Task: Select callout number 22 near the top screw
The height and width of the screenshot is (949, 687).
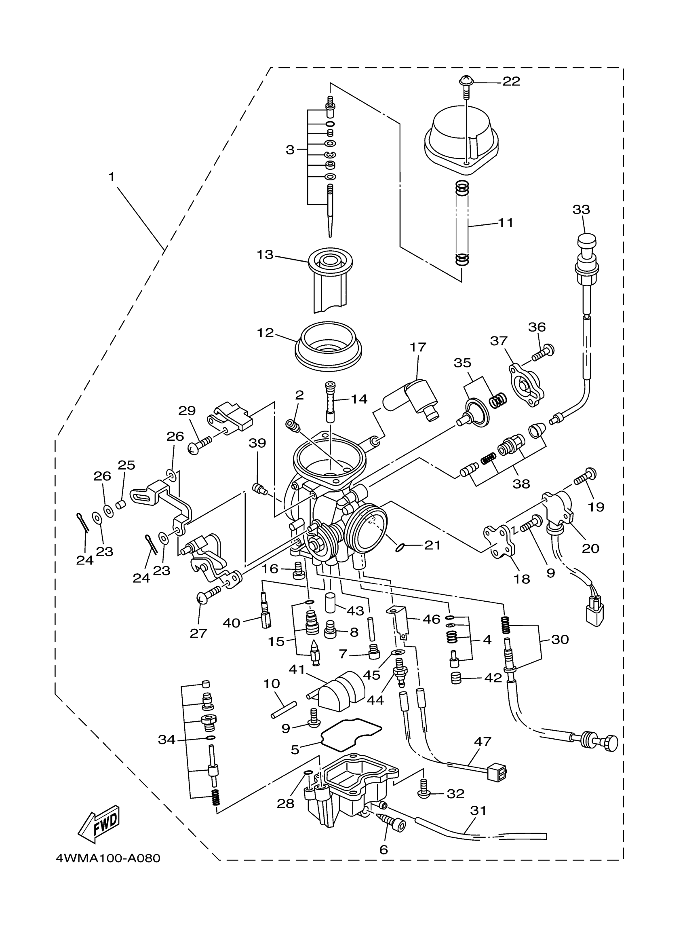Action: pyautogui.click(x=511, y=81)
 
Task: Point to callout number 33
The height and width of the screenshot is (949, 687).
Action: pyautogui.click(x=581, y=209)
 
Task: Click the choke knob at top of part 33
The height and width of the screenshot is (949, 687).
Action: pyautogui.click(x=586, y=242)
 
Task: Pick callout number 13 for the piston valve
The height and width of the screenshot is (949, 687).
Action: pyautogui.click(x=265, y=254)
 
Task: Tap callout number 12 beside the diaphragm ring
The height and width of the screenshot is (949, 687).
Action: pyautogui.click(x=265, y=333)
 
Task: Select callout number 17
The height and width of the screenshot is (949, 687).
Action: pyautogui.click(x=418, y=347)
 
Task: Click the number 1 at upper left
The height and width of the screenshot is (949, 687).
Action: pyautogui.click(x=112, y=178)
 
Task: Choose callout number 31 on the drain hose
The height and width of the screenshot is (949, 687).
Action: pyautogui.click(x=478, y=810)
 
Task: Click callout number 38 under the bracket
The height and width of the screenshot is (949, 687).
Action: pyautogui.click(x=521, y=484)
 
